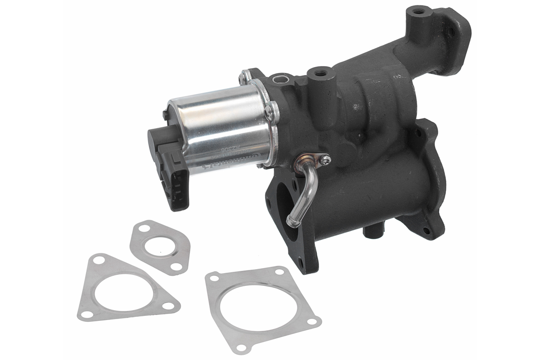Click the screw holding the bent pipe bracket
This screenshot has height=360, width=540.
point(324,158)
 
